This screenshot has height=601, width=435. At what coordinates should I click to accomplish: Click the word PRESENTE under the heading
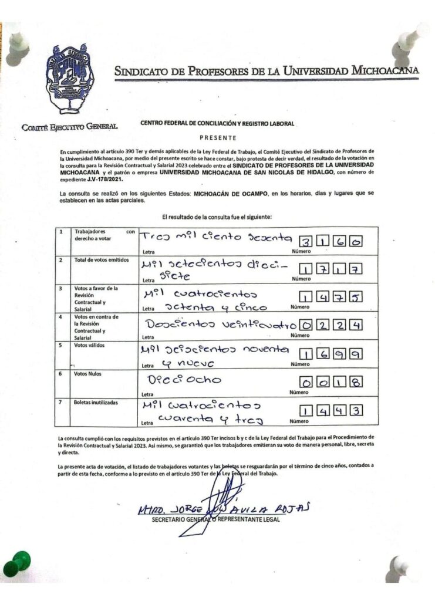(217, 139)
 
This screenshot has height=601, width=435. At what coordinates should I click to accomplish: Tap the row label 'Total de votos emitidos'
(101, 259)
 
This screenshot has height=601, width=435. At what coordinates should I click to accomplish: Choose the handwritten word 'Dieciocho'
(184, 380)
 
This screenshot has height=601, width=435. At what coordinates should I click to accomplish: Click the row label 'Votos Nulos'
(87, 373)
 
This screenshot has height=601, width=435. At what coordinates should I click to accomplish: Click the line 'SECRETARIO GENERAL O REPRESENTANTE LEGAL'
(216, 519)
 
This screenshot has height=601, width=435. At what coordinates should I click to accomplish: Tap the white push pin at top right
(413, 37)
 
